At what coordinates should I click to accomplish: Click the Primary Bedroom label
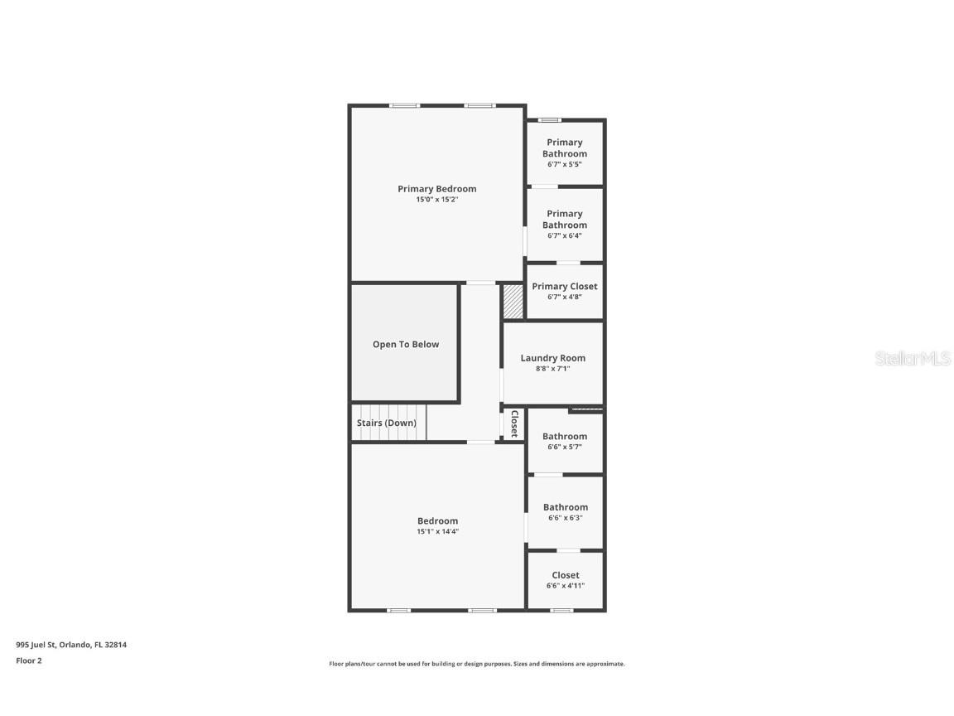click(x=436, y=189)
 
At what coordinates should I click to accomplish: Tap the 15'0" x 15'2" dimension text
click(x=436, y=200)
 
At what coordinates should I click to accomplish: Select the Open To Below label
click(x=406, y=345)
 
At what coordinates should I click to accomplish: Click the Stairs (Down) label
click(x=387, y=423)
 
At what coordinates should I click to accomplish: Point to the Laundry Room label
click(x=552, y=358)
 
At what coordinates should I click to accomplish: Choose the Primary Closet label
click(x=564, y=287)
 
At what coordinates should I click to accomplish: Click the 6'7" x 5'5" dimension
click(x=565, y=164)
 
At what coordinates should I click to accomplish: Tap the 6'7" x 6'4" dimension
click(x=565, y=235)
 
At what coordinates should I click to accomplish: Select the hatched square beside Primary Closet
click(x=513, y=302)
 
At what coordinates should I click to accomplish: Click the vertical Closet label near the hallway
click(x=514, y=423)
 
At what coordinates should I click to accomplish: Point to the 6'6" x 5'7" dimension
click(x=565, y=447)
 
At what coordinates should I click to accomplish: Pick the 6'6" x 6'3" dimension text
click(x=566, y=518)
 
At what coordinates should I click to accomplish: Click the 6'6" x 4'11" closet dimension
click(x=566, y=586)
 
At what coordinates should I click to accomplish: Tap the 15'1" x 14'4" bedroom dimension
click(x=437, y=531)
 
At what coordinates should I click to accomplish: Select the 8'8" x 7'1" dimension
click(x=552, y=369)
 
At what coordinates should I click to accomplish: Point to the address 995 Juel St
click(x=71, y=644)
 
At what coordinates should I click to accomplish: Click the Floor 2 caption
click(x=28, y=660)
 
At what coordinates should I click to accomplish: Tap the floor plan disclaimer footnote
click(x=477, y=664)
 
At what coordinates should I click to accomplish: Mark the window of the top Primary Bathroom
click(x=549, y=120)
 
